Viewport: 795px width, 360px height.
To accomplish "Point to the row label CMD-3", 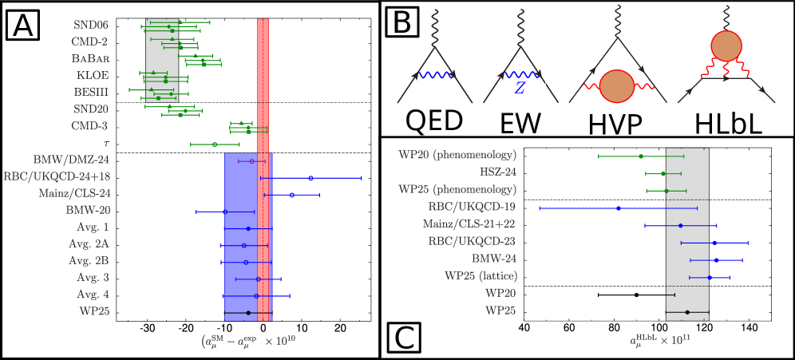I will coord(90,126).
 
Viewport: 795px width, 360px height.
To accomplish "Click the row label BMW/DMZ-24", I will coord(71,160).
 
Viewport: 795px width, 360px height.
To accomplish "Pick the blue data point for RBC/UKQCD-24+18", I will coord(311,178).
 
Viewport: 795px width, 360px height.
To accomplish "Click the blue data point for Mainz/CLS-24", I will coord(292,195).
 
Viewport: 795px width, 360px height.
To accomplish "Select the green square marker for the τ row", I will coord(215,144).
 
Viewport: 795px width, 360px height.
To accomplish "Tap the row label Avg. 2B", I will coord(89,261).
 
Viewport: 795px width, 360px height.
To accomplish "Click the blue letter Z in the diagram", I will coord(520,89).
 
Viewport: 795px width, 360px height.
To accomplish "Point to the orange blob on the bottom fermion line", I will coord(615,87).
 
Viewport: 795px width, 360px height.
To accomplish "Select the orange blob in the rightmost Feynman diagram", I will coord(727,47).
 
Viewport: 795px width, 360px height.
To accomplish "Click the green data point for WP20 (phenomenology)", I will coord(641,156).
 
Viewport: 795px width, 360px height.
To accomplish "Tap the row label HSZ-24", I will coord(497,172).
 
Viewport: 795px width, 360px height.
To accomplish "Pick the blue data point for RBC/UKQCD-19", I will coord(619,208).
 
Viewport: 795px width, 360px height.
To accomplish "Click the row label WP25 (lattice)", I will coord(481,276).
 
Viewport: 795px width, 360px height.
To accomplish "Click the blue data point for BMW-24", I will coord(716,260).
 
